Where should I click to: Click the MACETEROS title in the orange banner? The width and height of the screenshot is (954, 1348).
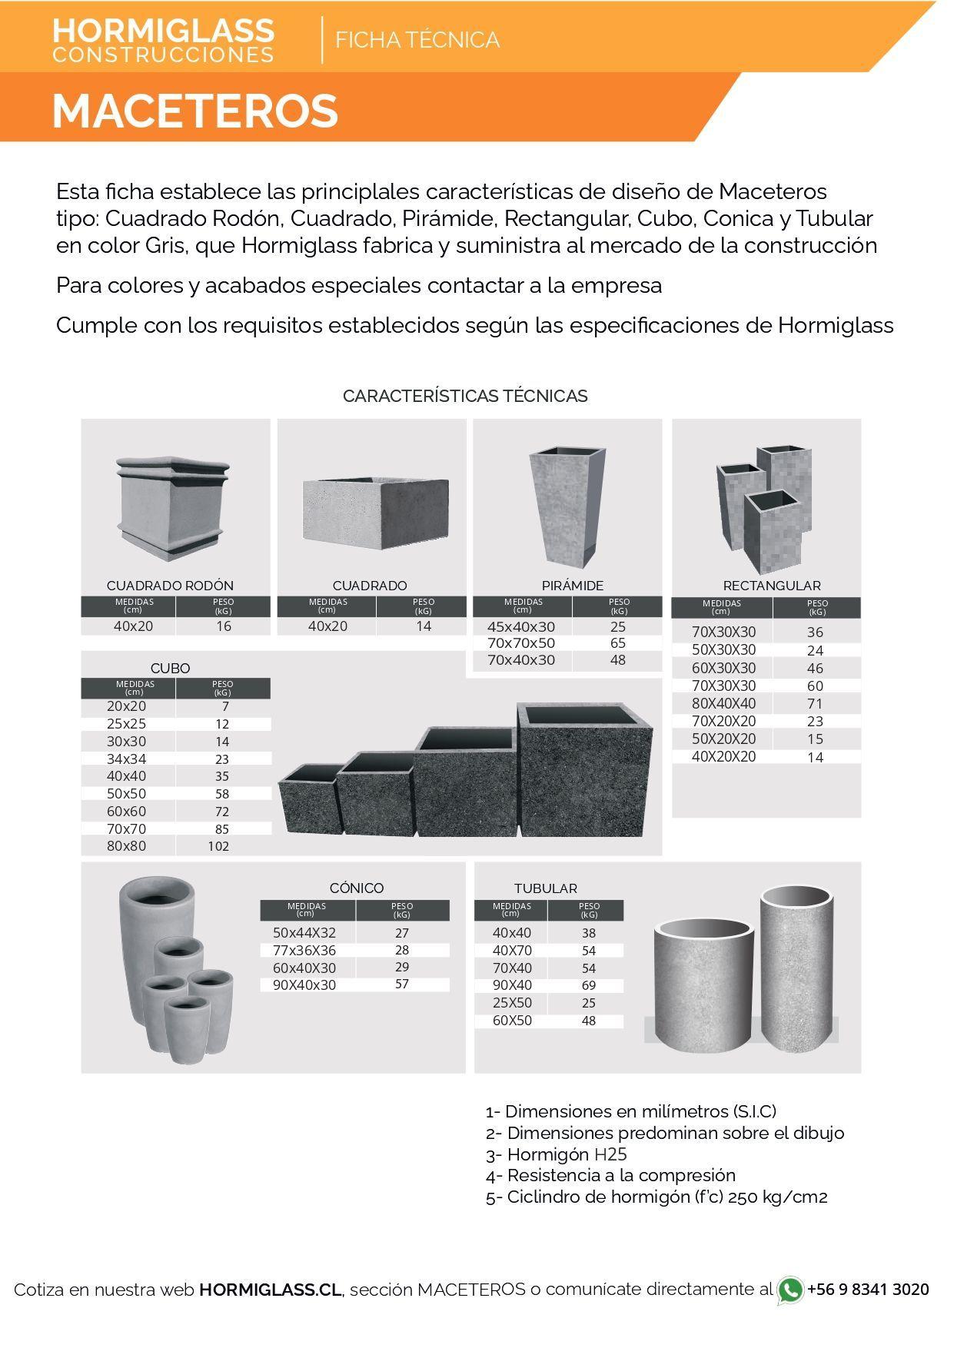pyautogui.click(x=195, y=111)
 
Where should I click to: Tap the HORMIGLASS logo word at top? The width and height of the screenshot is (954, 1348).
pyautogui.click(x=163, y=31)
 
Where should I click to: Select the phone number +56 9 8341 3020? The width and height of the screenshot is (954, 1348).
pyautogui.click(x=868, y=1290)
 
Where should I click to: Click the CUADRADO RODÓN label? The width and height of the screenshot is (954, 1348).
pyautogui.click(x=170, y=586)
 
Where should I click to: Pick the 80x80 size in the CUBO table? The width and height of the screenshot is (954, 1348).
pyautogui.click(x=126, y=846)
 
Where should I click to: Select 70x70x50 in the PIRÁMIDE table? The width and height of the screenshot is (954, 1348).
pyautogui.click(x=521, y=643)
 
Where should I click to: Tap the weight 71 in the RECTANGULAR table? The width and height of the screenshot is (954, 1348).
pyautogui.click(x=815, y=703)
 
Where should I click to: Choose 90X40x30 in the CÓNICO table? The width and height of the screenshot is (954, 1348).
pyautogui.click(x=304, y=985)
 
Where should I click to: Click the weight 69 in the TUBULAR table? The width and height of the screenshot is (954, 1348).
pyautogui.click(x=589, y=985)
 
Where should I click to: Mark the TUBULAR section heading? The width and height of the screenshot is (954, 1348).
pyautogui.click(x=546, y=888)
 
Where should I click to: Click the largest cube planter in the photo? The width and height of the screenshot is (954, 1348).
pyautogui.click(x=586, y=769)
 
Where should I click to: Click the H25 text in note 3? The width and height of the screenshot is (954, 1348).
pyautogui.click(x=610, y=1154)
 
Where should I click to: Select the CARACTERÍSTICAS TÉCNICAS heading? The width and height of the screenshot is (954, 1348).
pyautogui.click(x=465, y=396)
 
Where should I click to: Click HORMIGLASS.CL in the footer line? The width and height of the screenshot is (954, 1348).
pyautogui.click(x=270, y=1290)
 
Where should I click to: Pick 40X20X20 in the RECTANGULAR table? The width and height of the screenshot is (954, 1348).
pyautogui.click(x=723, y=757)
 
